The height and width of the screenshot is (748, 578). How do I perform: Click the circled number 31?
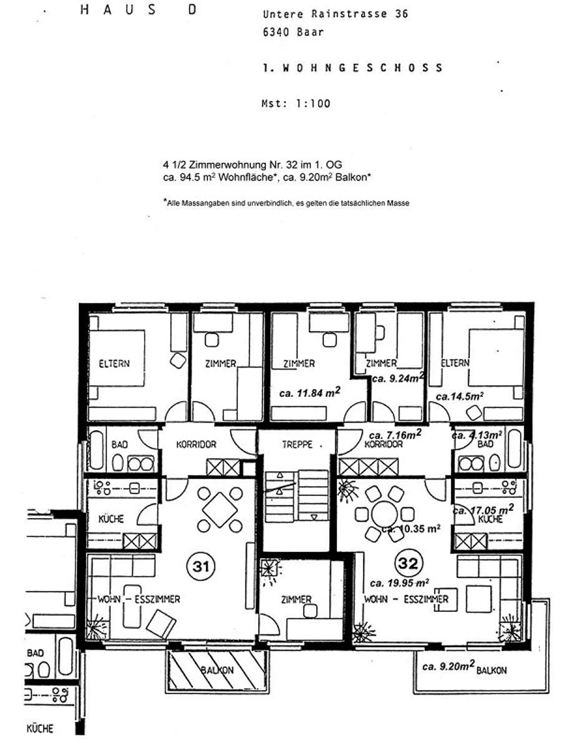[201, 566]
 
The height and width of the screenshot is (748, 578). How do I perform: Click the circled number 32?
[408, 563]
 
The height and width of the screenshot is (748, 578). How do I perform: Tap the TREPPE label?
[297, 445]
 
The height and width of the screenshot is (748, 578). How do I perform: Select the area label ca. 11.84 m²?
[309, 393]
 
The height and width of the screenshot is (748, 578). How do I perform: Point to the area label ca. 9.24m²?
[397, 378]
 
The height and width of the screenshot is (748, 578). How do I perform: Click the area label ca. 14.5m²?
[459, 396]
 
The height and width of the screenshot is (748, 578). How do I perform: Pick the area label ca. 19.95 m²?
[399, 583]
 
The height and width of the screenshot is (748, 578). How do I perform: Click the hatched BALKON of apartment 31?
[217, 670]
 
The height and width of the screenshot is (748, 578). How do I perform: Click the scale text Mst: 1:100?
[296, 104]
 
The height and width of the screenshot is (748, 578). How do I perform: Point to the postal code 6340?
[276, 32]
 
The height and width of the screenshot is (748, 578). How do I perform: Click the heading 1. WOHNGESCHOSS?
[353, 68]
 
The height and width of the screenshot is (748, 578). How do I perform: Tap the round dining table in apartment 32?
[384, 514]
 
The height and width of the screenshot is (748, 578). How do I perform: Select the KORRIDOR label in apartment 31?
[196, 445]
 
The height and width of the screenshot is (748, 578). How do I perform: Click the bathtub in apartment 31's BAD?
[96, 450]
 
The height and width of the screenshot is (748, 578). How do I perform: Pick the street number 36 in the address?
[401, 14]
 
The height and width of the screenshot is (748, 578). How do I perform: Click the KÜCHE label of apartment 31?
[111, 519]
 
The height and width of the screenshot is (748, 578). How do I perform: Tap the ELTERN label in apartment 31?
[114, 364]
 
